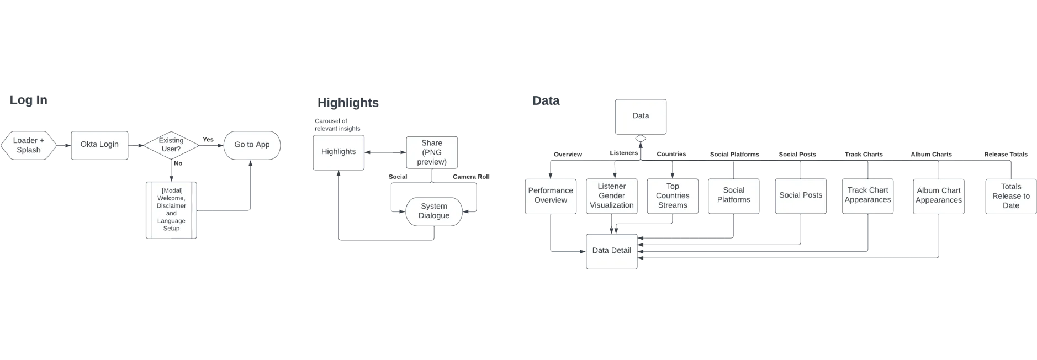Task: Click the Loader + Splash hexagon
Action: click(29, 145)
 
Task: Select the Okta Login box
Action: click(99, 145)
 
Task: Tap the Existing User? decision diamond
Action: click(171, 145)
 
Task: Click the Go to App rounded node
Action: click(252, 145)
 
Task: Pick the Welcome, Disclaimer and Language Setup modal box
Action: click(171, 210)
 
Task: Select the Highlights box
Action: click(338, 152)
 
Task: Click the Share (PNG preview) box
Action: click(432, 152)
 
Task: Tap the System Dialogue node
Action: click(434, 211)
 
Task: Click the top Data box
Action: click(641, 116)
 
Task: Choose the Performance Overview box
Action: click(551, 195)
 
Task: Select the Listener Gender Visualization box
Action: click(611, 195)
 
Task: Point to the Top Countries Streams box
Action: click(673, 195)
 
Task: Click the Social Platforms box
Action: click(733, 195)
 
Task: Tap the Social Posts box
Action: click(801, 195)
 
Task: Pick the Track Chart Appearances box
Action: click(867, 195)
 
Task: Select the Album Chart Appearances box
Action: click(939, 195)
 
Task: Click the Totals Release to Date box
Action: click(1011, 196)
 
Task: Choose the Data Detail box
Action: click(612, 251)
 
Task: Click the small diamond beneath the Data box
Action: click(641, 138)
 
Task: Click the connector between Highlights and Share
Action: click(385, 152)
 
